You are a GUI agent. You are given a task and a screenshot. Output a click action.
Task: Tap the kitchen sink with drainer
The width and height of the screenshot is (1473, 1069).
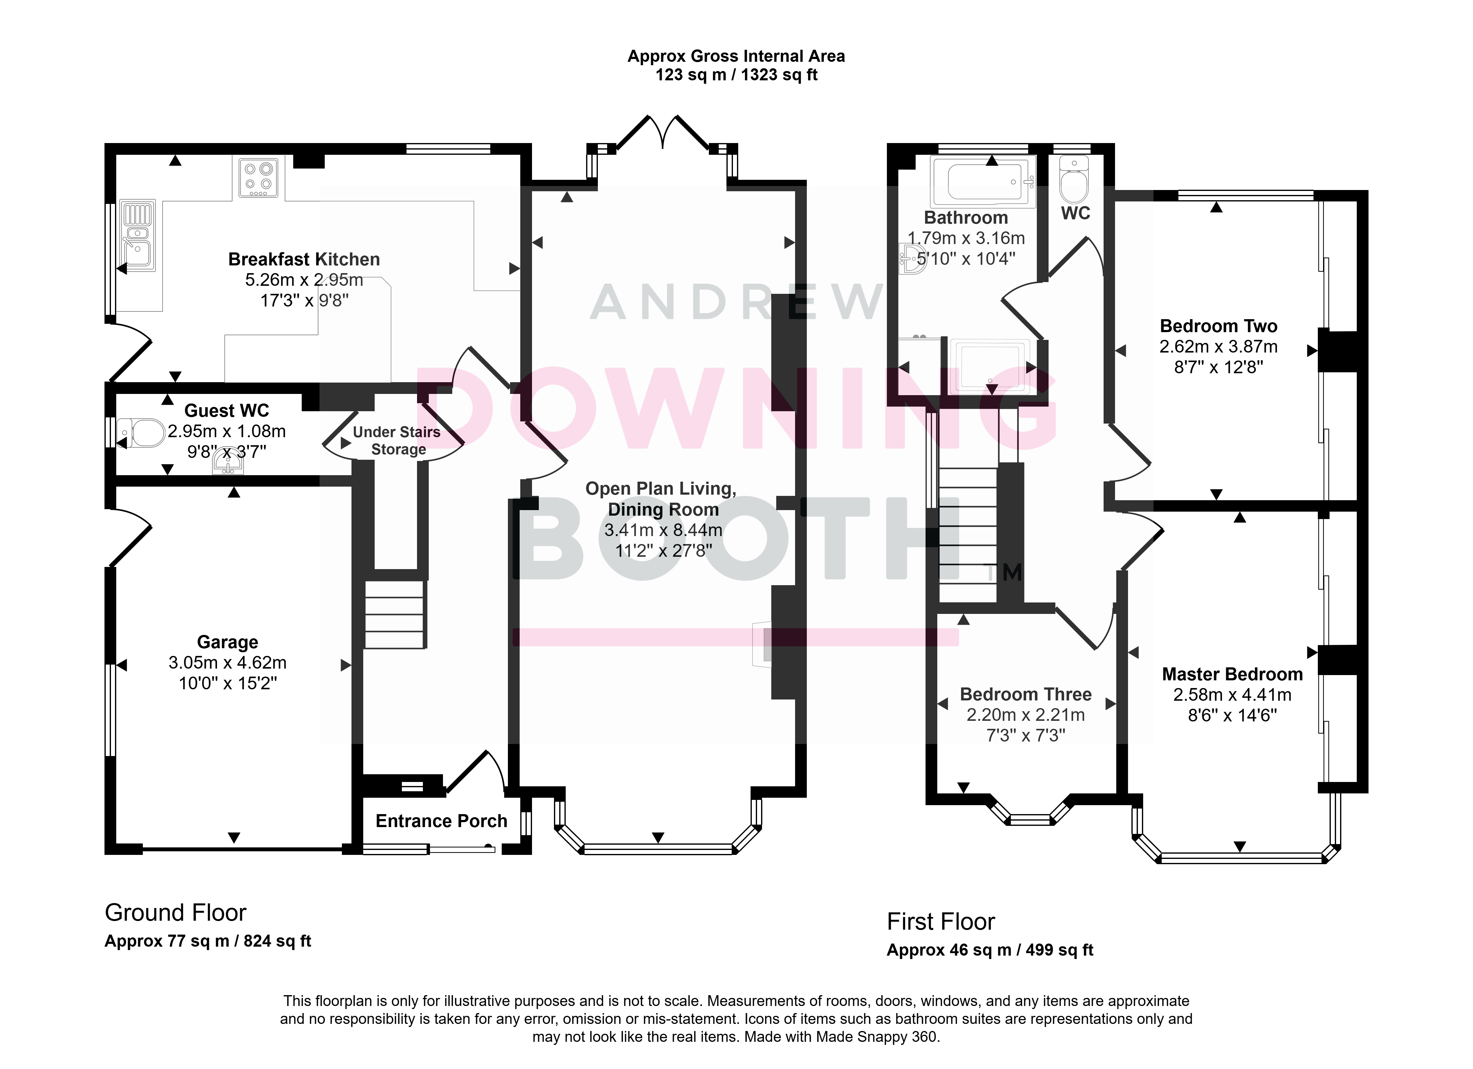pos(138,235)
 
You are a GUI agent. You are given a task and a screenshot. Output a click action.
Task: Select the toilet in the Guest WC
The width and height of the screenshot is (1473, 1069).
pos(142,432)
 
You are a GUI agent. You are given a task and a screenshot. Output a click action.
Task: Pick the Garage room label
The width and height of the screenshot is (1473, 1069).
pos(227,642)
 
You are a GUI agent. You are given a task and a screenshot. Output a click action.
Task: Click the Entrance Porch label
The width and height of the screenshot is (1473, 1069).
pos(442,821)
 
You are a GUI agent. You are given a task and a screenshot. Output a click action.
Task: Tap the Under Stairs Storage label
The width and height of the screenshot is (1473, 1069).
pos(397,441)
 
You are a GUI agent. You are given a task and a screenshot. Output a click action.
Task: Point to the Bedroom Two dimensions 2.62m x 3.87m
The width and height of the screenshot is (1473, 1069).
pos(1218,347)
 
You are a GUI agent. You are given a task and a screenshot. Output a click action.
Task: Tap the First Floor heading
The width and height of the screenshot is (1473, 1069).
pos(941,922)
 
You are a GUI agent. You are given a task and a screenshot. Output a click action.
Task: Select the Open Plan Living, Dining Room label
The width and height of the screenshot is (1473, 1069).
pos(661,499)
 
